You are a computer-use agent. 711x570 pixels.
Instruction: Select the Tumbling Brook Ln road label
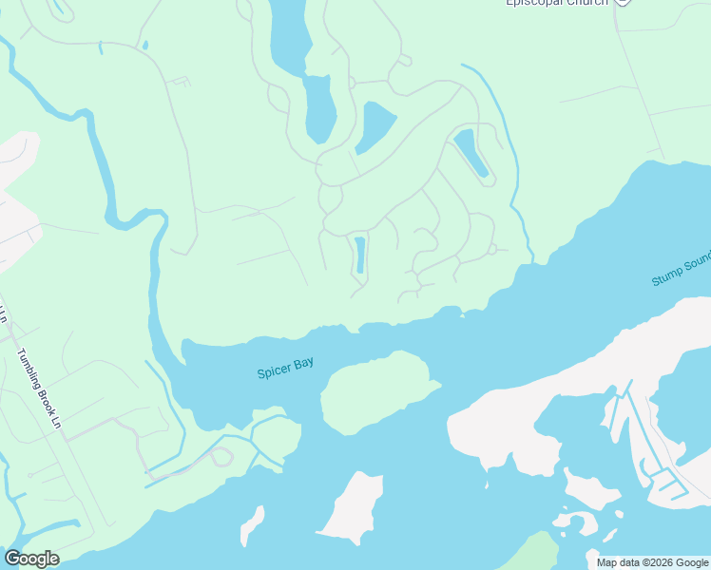(39, 389)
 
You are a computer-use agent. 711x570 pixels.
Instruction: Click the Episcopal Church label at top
(555, 3)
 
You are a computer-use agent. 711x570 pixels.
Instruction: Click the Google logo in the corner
(31, 559)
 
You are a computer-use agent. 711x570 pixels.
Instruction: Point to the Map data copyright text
(651, 562)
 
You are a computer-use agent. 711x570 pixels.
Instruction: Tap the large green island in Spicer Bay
(374, 393)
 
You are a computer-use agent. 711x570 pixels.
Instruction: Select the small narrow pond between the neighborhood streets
(360, 255)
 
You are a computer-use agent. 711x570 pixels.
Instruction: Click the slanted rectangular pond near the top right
(471, 152)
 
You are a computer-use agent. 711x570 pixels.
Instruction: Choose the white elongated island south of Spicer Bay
(353, 507)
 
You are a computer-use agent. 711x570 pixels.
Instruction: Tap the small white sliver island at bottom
(252, 525)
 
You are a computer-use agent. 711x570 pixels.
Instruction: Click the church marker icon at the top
(623, 3)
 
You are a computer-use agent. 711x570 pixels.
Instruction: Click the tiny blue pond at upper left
(144, 45)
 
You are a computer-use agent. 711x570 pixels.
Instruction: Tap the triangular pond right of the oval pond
(376, 125)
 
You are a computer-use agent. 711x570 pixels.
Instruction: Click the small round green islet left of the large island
(278, 434)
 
